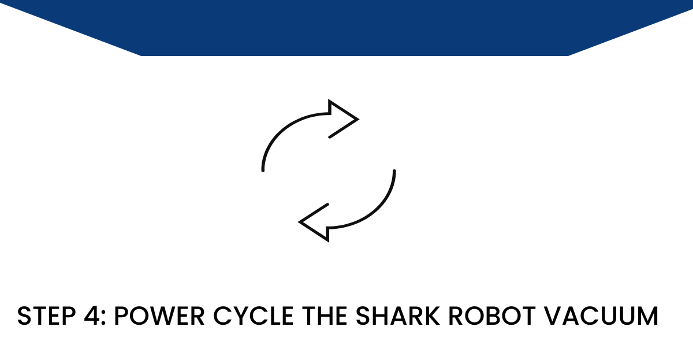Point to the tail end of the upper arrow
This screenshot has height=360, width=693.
coord(263,169)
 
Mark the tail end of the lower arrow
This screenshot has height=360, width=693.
coord(394,172)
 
